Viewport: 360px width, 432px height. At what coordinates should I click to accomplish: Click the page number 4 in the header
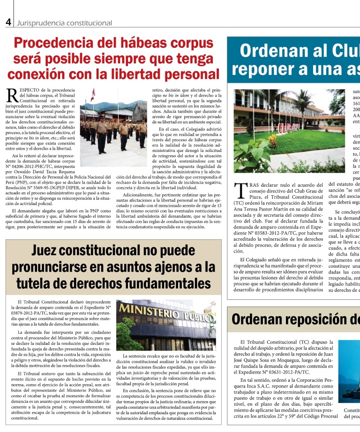[8, 22]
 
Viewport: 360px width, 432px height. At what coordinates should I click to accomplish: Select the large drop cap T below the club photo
[240, 190]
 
